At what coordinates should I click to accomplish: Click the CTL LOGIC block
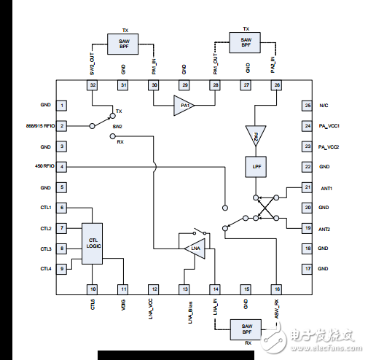point(93,243)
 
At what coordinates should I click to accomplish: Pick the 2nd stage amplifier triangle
point(256,136)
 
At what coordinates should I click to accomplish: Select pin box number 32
point(93,85)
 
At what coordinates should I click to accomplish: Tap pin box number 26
point(276,85)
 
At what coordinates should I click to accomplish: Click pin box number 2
point(63,126)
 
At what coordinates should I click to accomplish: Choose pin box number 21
point(307,187)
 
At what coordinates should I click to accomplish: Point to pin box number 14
point(215,289)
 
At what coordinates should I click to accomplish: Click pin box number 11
point(123,289)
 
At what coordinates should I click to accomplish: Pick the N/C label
point(324,106)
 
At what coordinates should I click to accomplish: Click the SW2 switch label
point(117,126)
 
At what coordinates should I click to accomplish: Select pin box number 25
point(307,106)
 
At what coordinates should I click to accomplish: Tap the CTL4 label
point(45,269)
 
